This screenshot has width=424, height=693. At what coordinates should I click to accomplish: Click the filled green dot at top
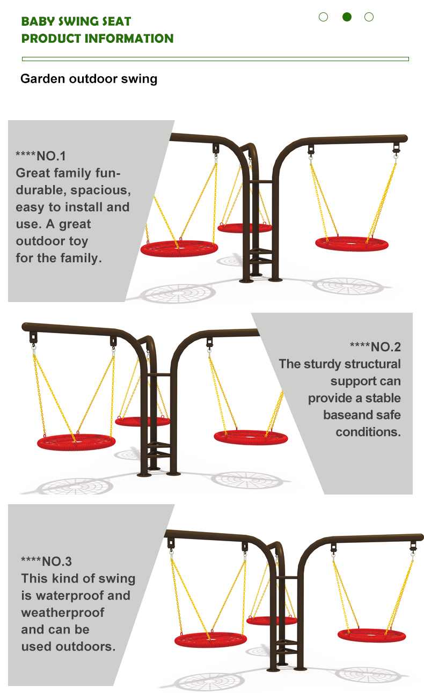347,17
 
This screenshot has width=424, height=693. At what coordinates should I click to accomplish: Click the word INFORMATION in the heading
129,39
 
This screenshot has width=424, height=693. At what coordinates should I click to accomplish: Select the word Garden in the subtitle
43,79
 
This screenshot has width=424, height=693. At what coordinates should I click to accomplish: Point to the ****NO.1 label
41,156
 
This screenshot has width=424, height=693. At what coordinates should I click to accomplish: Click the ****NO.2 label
375,347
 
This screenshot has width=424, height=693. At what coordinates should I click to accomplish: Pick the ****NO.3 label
46,561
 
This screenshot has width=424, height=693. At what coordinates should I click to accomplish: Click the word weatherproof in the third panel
63,613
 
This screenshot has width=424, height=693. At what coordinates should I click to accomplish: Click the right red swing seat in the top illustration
352,244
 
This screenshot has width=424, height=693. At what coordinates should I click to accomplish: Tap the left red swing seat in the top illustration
179,248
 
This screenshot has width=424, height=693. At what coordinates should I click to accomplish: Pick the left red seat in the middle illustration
76,442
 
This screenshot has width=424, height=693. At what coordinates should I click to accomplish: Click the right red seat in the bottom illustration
371,635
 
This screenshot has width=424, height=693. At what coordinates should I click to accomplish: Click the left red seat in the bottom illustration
210,639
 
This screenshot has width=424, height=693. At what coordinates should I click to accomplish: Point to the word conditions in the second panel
368,432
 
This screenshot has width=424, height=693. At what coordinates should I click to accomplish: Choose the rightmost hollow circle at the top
369,17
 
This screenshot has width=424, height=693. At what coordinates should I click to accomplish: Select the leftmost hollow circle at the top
324,17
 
